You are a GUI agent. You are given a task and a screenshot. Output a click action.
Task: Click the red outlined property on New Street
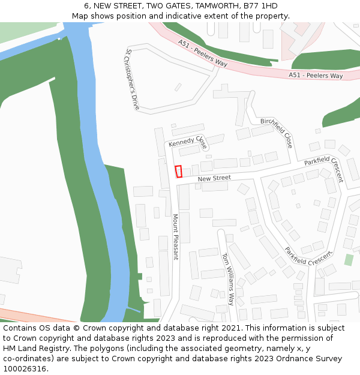point(178,172)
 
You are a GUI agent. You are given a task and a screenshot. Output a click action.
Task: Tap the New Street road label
point(214,178)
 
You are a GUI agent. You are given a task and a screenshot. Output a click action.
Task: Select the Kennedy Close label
point(188,142)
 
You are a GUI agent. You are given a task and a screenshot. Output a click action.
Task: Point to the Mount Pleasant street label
point(175,236)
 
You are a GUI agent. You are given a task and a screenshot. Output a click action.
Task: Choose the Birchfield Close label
point(277,133)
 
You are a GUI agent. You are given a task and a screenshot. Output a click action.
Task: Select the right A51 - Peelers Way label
point(316,76)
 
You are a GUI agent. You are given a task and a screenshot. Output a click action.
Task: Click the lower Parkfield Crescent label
point(308,256)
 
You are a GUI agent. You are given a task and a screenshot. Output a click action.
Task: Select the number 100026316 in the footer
point(25,368)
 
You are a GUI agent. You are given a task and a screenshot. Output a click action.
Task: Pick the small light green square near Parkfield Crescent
point(349,260)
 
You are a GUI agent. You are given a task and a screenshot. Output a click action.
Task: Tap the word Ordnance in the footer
point(291,358)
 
